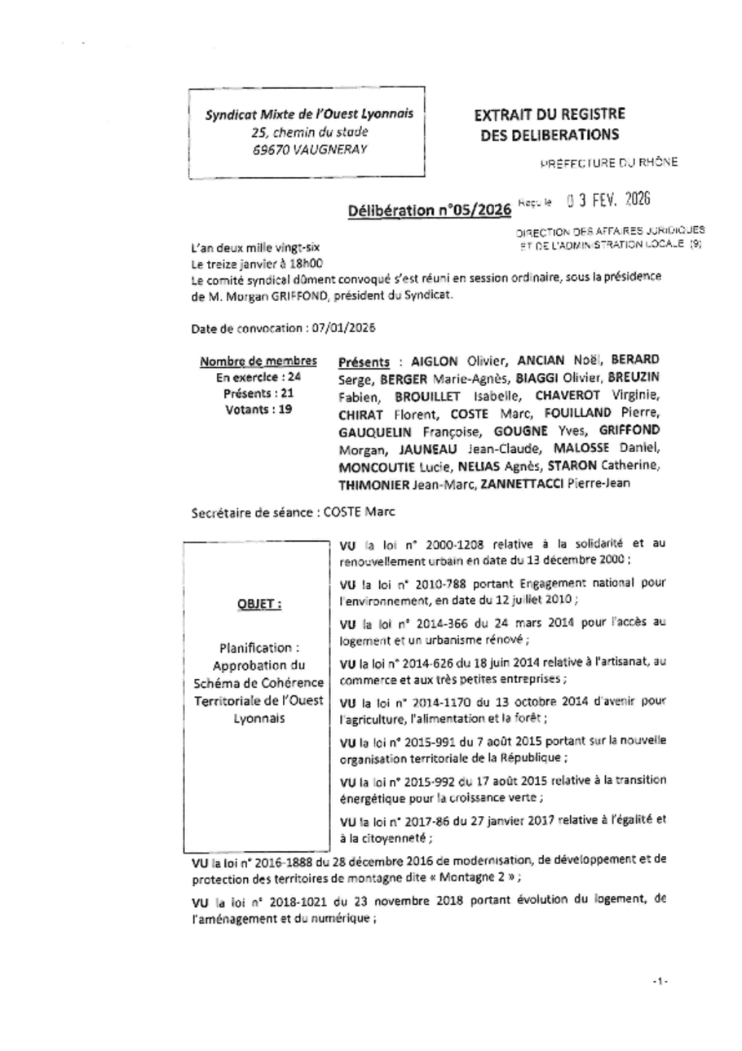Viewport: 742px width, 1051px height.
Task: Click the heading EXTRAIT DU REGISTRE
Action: tap(550, 114)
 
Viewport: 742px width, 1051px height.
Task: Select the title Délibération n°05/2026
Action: tap(430, 211)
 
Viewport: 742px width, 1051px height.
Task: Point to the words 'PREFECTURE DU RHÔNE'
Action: tap(608, 162)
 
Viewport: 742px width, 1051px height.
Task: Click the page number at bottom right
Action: tap(660, 980)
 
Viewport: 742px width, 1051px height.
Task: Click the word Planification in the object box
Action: tap(255, 648)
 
